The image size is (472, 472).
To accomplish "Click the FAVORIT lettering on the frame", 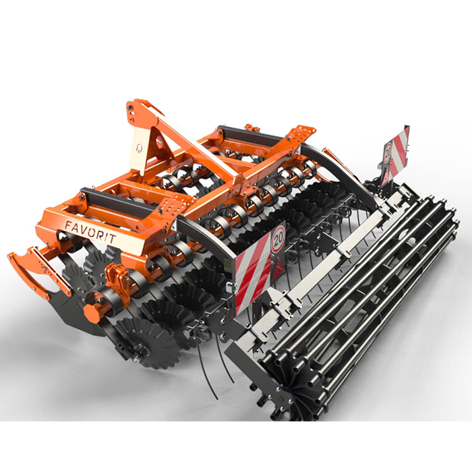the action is [90, 231].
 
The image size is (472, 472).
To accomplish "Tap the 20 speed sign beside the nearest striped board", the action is [278, 239].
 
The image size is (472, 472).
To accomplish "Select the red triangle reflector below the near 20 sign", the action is [278, 269].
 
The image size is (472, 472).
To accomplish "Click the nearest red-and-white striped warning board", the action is [253, 272].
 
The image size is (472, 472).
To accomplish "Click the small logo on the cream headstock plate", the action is [139, 148].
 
